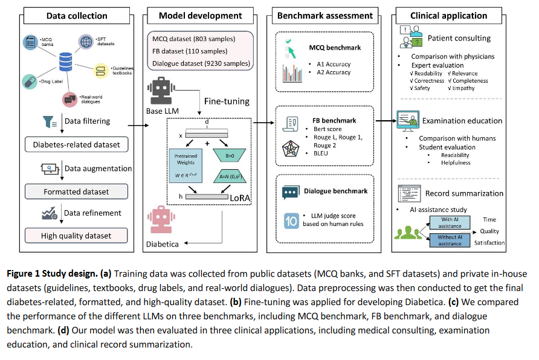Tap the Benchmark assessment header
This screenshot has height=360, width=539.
point(327,16)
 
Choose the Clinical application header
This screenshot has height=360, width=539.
point(450,16)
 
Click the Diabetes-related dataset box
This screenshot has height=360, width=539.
point(77,144)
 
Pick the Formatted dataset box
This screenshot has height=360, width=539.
point(77,191)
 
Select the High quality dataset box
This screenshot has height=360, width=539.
point(77,236)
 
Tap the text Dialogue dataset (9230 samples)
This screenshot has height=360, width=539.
point(201,62)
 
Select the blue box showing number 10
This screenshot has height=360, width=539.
point(291,221)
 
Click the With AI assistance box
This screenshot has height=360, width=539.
point(450,222)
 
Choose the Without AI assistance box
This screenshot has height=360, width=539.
point(450,240)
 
